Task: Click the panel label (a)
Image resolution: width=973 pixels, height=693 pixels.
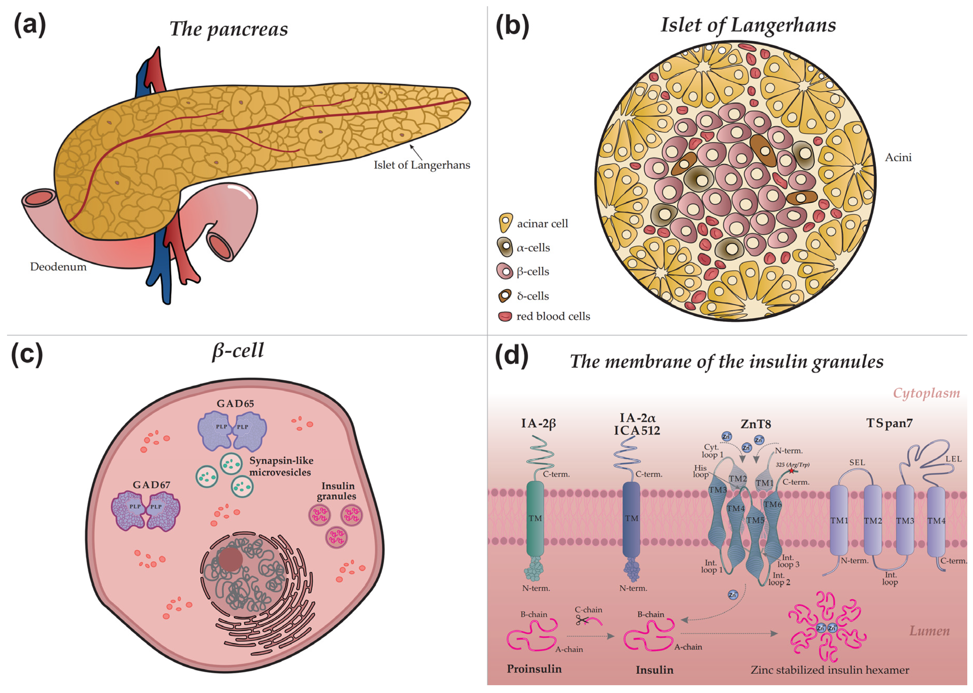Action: pos(30,26)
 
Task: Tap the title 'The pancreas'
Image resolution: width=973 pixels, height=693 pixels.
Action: pos(228,29)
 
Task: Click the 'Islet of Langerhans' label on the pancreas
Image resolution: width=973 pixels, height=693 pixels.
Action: pos(422,165)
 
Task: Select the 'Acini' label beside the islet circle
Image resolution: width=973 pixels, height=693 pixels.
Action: pos(898,157)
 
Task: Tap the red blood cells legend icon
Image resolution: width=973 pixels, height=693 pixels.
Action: pos(505,317)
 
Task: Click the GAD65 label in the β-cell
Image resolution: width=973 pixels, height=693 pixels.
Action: pos(235,403)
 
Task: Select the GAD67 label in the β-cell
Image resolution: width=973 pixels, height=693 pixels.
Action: pos(151,485)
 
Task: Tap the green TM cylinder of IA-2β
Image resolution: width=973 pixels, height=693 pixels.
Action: pos(535,519)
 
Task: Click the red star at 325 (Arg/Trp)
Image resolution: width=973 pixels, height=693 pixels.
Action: pos(791,471)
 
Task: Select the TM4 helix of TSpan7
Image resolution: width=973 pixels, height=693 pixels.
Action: pos(936,521)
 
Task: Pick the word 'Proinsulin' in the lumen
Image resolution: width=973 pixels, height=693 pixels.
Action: pos(534,669)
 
